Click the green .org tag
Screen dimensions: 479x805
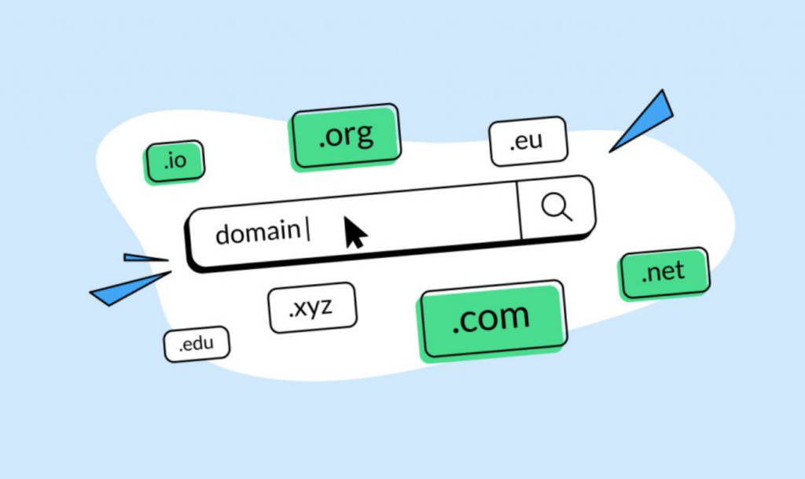pos(347,137)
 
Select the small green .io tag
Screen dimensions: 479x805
pos(175,161)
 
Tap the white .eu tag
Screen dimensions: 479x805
pos(527,142)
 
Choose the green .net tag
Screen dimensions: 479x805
pos(663,273)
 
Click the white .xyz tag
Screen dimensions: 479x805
pos(311,308)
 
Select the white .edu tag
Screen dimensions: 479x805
pos(197,345)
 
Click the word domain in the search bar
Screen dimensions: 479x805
pos(257,232)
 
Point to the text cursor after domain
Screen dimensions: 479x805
pos(307,230)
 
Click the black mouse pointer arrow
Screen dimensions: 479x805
pos(354,232)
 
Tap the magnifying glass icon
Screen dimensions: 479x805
pos(555,206)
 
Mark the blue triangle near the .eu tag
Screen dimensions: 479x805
pos(646,120)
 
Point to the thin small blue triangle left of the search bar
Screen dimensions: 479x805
pos(143,257)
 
